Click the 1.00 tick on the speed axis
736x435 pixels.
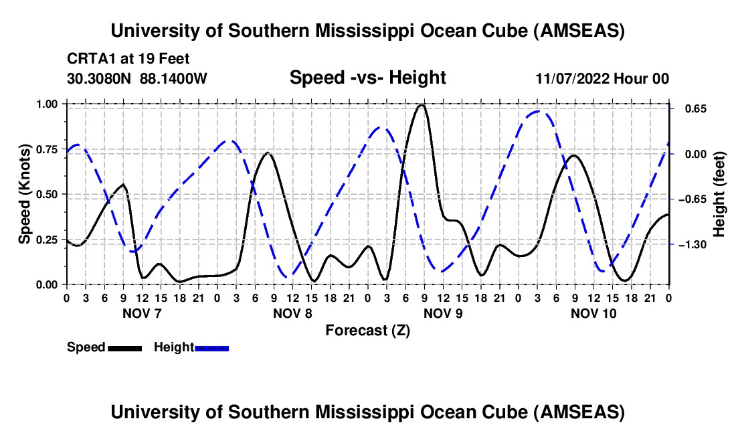(x=51, y=104)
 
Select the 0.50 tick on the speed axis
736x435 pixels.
(x=51, y=194)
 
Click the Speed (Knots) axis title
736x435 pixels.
(x=24, y=193)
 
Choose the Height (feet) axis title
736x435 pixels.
(x=719, y=194)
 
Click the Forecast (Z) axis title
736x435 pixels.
(x=367, y=331)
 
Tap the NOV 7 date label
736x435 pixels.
(x=142, y=313)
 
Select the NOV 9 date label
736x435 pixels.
(x=443, y=313)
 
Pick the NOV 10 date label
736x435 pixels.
(x=593, y=313)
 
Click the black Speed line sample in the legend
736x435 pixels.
(x=124, y=348)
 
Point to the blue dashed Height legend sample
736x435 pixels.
(x=211, y=348)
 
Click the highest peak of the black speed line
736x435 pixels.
(x=421, y=105)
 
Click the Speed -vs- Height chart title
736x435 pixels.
(x=367, y=78)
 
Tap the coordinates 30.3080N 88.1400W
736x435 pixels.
(x=137, y=79)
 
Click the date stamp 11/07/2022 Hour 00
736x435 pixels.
(x=602, y=79)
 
